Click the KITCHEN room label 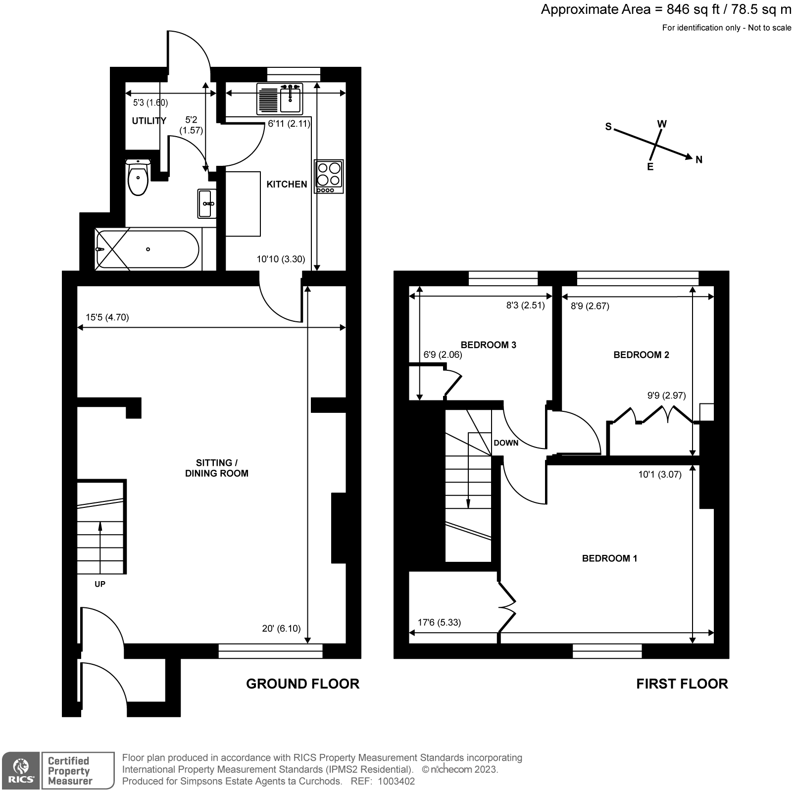(x=287, y=184)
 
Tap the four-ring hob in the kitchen (x=329, y=177)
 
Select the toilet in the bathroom (x=138, y=178)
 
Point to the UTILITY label (x=149, y=121)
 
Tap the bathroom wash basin (x=206, y=203)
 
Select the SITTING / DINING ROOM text (x=216, y=468)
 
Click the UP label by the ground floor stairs (x=100, y=584)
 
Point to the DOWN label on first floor (x=506, y=443)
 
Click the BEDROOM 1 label (x=609, y=558)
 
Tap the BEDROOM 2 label (x=641, y=354)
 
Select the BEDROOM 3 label (x=488, y=345)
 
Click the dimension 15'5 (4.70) (x=107, y=317)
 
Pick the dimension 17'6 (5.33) (x=439, y=622)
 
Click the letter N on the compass (x=699, y=159)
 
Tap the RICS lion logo (x=20, y=771)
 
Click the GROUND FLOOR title (x=302, y=684)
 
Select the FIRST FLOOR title (x=682, y=684)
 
